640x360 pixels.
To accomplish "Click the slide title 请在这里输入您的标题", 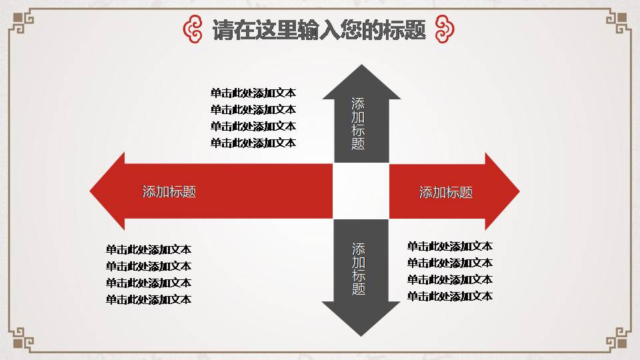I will click(319, 30).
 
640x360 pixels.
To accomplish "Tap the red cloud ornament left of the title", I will click(193, 30).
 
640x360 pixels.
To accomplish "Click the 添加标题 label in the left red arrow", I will click(169, 192).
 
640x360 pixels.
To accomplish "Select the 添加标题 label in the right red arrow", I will click(446, 193).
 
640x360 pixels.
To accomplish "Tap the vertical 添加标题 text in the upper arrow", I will click(359, 123).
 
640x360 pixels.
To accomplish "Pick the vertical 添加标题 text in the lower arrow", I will click(359, 269).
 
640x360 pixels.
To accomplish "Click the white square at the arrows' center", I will click(361, 191).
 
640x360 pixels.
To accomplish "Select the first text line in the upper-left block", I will click(253, 93).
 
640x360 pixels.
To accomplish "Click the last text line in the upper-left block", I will click(253, 143).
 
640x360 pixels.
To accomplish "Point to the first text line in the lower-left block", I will click(149, 250).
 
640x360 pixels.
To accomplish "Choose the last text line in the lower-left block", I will click(149, 300).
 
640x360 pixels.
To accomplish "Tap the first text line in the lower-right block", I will click(450, 247).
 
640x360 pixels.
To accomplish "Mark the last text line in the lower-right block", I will click(450, 297).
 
